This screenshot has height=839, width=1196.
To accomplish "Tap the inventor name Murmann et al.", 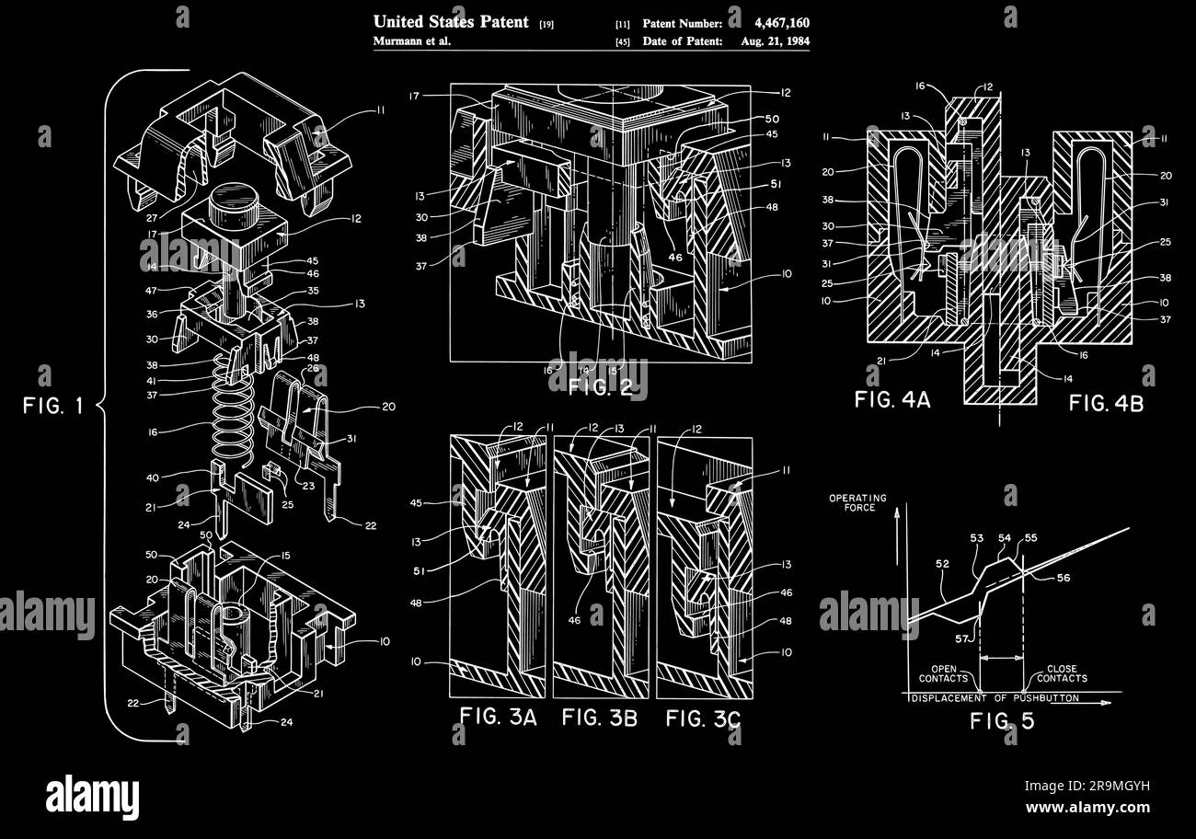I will click(411, 41).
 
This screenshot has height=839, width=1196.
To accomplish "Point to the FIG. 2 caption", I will click(599, 386).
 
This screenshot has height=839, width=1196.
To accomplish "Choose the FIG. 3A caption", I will click(498, 718).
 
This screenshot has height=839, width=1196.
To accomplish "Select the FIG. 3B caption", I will click(600, 718).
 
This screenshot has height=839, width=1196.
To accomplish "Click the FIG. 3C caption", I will click(703, 718).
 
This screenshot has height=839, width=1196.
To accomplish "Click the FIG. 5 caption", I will click(1002, 721).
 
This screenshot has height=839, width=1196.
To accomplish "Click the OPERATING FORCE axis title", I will click(857, 503).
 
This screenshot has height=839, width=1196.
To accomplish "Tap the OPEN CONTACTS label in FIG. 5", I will click(943, 673).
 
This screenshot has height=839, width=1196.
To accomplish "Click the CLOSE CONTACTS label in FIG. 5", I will click(1061, 673).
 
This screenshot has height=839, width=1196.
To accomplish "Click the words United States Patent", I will click(451, 21).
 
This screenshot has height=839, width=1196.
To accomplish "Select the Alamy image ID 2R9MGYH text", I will click(1087, 786).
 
